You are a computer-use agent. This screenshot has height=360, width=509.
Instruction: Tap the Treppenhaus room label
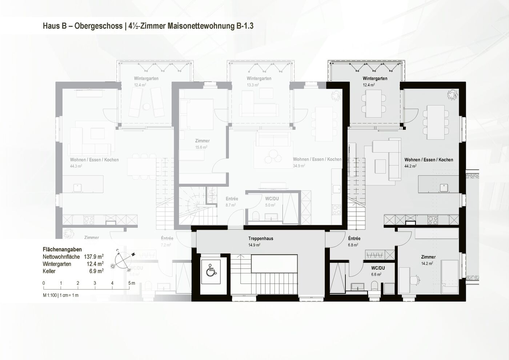click(261, 239)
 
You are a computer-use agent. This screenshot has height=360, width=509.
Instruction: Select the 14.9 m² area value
click(254, 245)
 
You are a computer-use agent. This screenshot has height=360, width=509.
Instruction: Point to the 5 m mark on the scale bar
click(130, 283)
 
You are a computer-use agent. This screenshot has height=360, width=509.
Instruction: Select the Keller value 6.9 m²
click(96, 271)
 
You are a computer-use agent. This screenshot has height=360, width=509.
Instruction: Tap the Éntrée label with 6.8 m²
click(354, 239)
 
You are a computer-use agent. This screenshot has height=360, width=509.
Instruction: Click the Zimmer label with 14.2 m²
click(428, 257)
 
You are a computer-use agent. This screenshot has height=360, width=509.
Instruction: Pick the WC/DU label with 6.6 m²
click(378, 268)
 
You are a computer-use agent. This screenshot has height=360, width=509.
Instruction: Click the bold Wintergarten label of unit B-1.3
click(375, 79)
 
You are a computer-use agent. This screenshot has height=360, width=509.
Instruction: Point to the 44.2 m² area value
click(410, 166)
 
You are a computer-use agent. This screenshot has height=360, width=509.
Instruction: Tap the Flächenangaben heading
click(62, 249)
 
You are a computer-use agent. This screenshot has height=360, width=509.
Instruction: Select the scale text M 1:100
click(50, 295)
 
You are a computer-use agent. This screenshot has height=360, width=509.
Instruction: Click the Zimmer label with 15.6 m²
click(202, 141)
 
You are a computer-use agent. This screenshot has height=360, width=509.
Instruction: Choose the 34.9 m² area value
click(299, 166)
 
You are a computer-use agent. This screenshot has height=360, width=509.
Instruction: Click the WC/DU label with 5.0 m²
click(272, 199)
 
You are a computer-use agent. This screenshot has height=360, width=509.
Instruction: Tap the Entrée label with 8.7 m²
click(232, 199)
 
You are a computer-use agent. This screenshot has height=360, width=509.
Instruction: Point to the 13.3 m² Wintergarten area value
click(253, 85)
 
